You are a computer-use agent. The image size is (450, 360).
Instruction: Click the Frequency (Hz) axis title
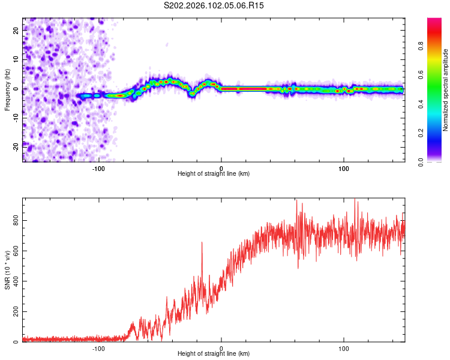coord(7,89)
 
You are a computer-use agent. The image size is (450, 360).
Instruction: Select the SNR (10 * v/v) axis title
coord(7,270)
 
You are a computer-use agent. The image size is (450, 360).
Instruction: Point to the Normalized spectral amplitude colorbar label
coord(446,90)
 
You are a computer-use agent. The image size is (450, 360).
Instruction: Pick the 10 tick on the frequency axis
coord(16,60)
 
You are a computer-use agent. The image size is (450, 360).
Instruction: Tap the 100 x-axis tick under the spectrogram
coord(344,168)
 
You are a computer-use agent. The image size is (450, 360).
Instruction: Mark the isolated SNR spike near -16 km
coord(202,242)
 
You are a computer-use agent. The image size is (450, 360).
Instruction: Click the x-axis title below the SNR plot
coord(214,355)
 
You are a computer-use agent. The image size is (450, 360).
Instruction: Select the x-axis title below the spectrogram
coord(214,174)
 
